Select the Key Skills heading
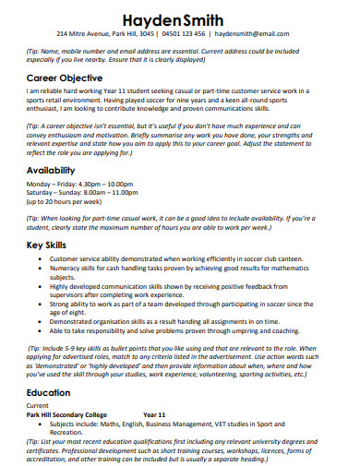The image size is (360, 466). (48, 245)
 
